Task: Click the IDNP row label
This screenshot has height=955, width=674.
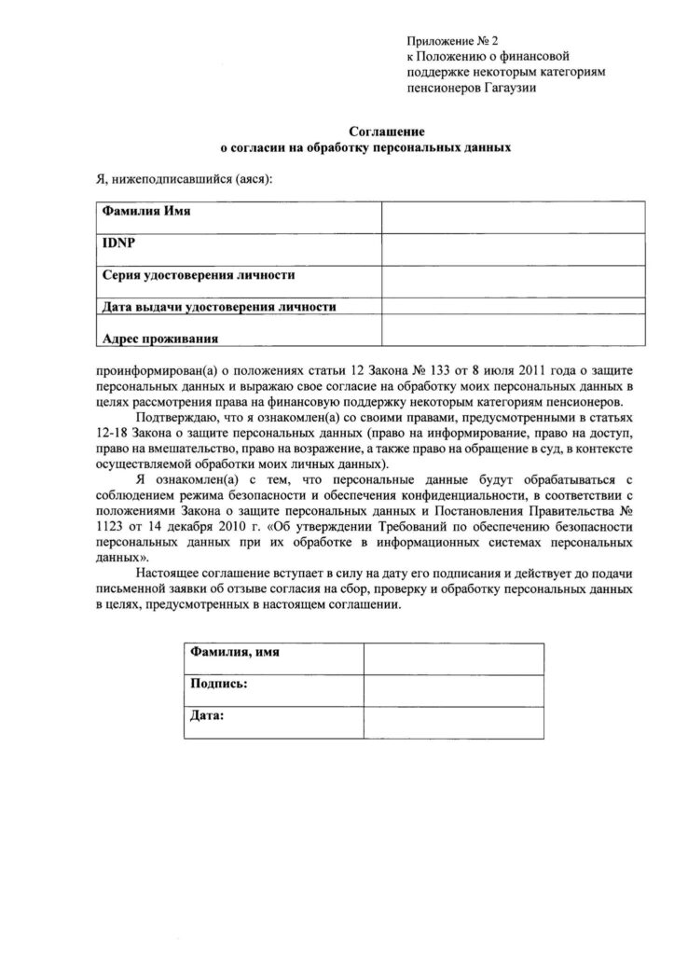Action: point(114,243)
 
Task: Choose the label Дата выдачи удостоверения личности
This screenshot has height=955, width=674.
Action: point(218,306)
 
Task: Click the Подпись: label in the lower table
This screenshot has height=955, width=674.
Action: point(218,685)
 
